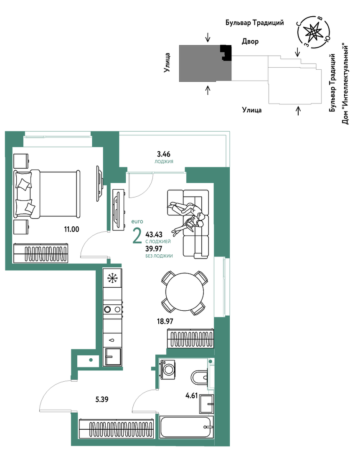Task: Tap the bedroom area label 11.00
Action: point(71,229)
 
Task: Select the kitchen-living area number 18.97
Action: point(165,321)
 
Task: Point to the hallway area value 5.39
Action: point(102,399)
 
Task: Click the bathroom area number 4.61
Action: point(192,395)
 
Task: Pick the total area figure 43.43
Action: point(154,234)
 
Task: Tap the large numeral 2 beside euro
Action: point(137,236)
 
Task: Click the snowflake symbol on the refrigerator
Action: point(112,278)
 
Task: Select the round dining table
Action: point(185,291)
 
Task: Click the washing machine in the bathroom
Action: point(168,369)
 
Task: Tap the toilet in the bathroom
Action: point(200,377)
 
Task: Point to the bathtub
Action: point(187,428)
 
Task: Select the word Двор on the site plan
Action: point(250,41)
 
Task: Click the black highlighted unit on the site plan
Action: point(226,53)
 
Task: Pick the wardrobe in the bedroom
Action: point(41,253)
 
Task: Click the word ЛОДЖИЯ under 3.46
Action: point(164,162)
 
